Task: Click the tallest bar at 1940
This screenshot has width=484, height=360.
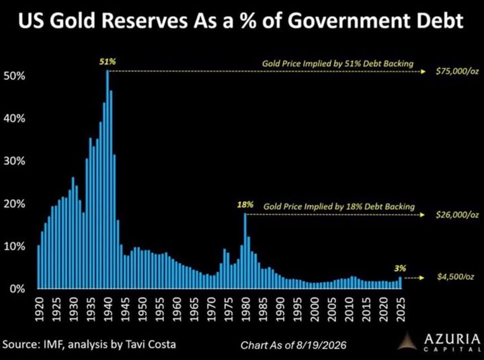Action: click(x=108, y=179)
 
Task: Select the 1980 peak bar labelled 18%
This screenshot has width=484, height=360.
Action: click(x=245, y=250)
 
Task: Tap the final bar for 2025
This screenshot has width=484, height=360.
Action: click(x=401, y=283)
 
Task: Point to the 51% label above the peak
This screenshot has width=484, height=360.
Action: click(x=108, y=62)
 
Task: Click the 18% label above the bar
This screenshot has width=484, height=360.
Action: click(x=245, y=205)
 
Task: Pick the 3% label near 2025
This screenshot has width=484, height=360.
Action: click(x=400, y=268)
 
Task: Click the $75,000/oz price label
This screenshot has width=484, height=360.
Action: click(x=457, y=72)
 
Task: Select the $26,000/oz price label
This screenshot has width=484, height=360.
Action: click(x=457, y=215)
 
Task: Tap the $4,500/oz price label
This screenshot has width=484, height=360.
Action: click(x=456, y=277)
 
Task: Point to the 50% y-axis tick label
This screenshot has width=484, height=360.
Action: click(x=14, y=76)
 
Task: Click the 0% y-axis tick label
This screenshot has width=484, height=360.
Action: click(x=17, y=289)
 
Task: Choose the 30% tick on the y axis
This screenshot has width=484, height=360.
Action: click(x=14, y=161)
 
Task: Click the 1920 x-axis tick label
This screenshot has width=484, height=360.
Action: click(x=38, y=309)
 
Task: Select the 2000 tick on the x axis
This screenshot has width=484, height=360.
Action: click(x=315, y=309)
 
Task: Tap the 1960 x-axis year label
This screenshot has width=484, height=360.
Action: click(x=177, y=309)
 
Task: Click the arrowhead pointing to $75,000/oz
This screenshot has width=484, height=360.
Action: click(x=424, y=72)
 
